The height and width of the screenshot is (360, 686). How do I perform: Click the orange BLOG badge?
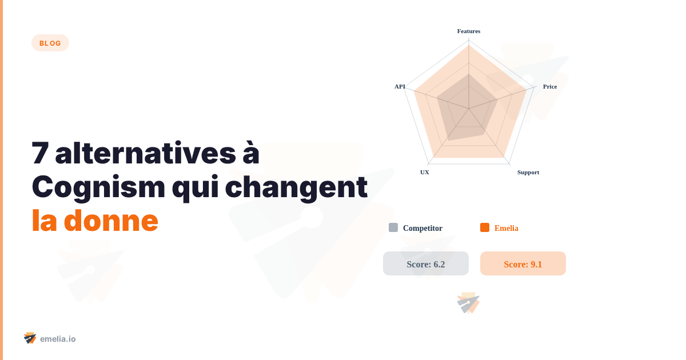click(x=50, y=43)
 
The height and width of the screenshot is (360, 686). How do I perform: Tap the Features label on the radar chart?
click(x=469, y=31)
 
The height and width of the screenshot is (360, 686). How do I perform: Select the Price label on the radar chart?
click(x=549, y=86)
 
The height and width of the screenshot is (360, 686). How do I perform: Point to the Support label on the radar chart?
click(x=528, y=172)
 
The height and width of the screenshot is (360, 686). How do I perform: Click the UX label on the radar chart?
click(x=425, y=172)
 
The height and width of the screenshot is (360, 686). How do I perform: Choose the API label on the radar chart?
click(x=400, y=86)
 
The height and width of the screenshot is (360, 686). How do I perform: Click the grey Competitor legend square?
click(x=393, y=227)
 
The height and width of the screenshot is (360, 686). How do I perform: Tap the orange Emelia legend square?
click(x=485, y=227)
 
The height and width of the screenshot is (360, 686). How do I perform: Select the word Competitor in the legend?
click(x=422, y=228)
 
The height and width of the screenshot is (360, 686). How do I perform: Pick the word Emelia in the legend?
click(x=506, y=228)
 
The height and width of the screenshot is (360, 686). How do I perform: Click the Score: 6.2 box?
click(x=426, y=263)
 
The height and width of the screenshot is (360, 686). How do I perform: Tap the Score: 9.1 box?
click(x=523, y=263)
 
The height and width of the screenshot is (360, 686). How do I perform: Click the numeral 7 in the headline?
click(x=39, y=154)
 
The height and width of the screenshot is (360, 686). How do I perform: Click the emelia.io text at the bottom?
click(x=58, y=339)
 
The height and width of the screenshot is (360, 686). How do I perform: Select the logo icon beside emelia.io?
click(x=30, y=338)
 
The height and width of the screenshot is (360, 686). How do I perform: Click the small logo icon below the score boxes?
click(x=468, y=303)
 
